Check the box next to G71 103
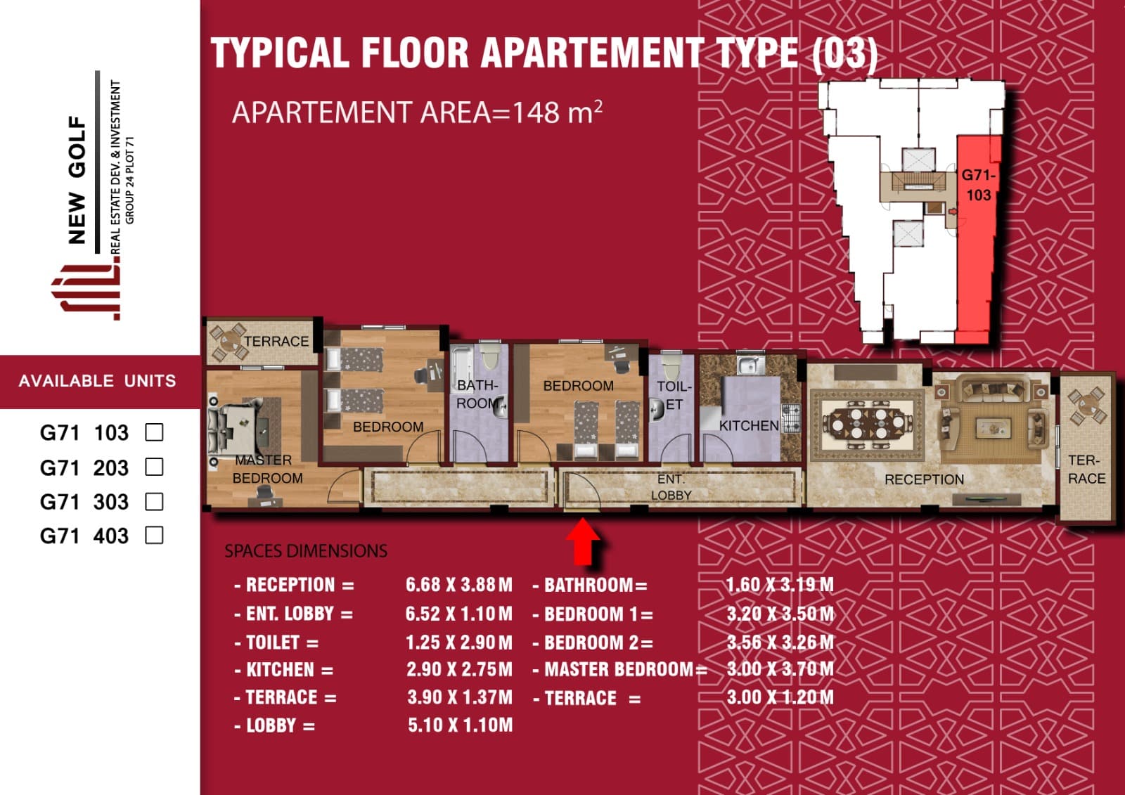[154, 432]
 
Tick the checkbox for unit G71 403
[154, 535]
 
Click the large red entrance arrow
[583, 542]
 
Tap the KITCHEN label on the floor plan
[749, 426]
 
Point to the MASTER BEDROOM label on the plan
[267, 469]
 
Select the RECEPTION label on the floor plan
[924, 479]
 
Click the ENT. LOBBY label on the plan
[671, 487]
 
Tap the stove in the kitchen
[790, 418]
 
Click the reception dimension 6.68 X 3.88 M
[459, 585]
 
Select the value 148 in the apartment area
[536, 113]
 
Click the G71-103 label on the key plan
[978, 185]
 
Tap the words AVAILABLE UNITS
[98, 381]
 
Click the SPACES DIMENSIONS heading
[306, 551]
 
